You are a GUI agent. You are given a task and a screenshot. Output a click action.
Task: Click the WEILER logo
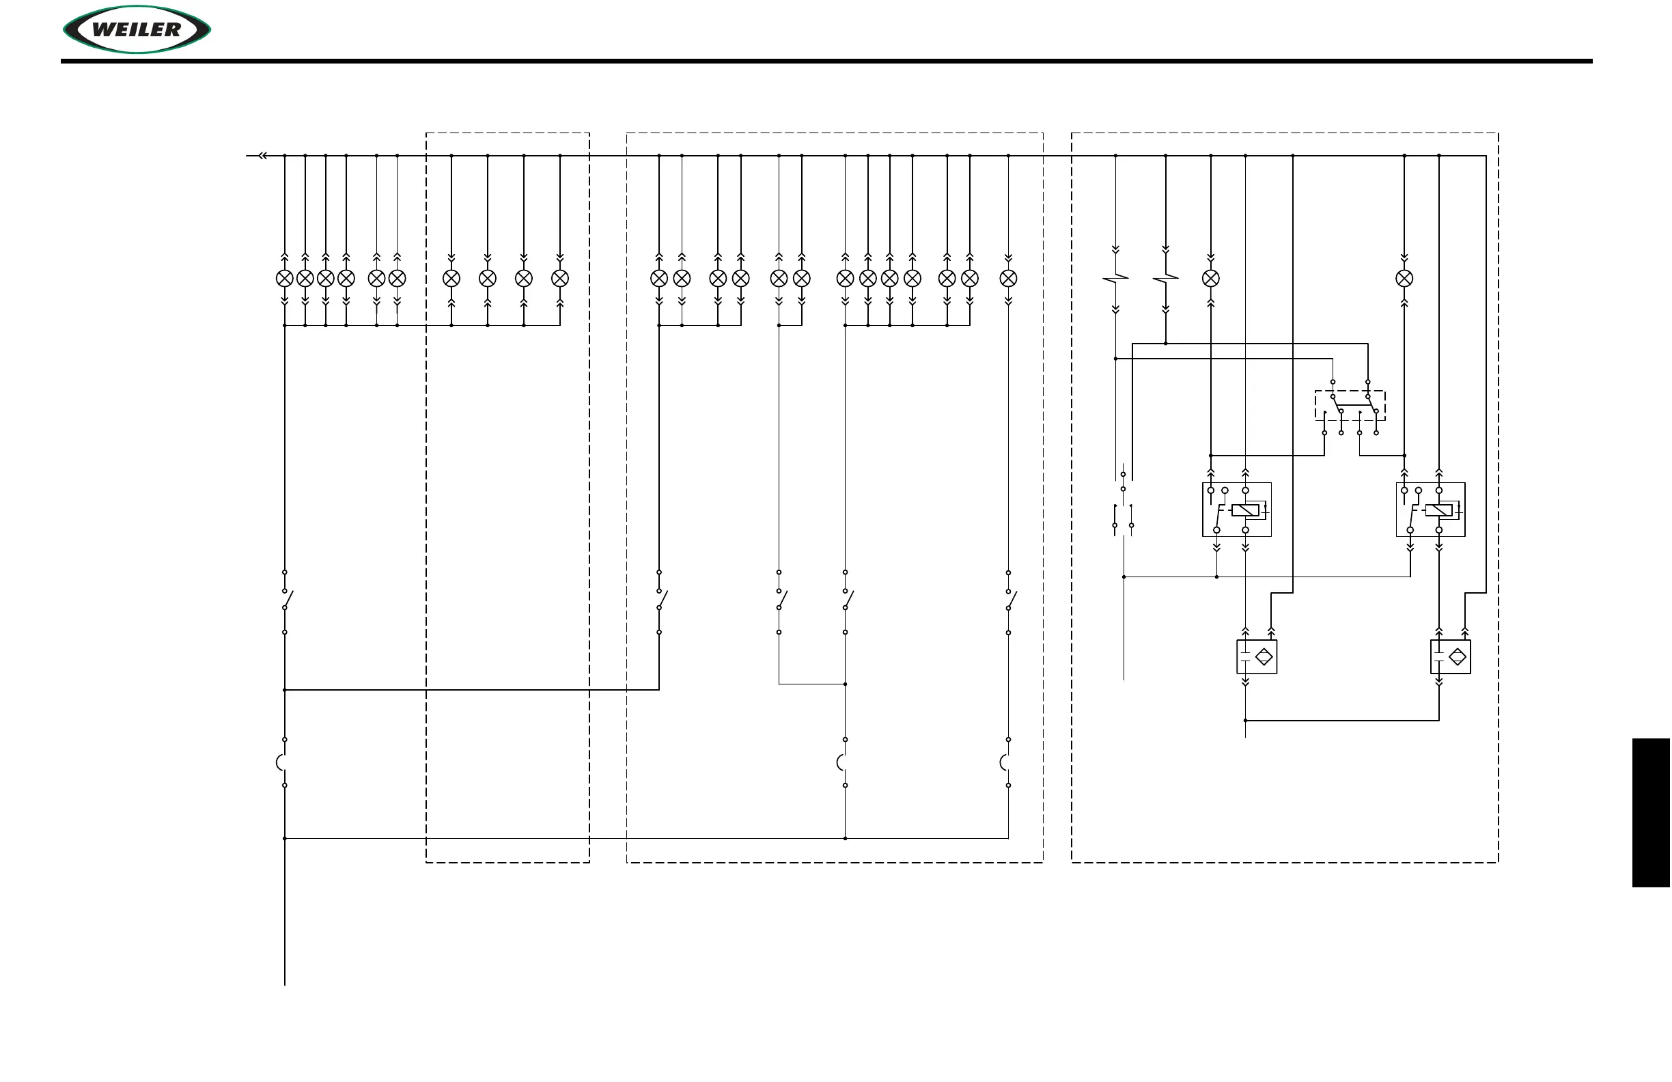pyautogui.click(x=137, y=29)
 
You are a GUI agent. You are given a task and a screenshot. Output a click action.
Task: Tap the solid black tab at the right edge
pyautogui.click(x=1650, y=812)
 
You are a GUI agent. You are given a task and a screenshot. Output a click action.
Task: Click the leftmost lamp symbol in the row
pyautogui.click(x=285, y=279)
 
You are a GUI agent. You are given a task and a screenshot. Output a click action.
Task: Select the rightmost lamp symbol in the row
pyautogui.click(x=1404, y=279)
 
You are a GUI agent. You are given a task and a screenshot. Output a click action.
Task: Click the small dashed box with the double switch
pyautogui.click(x=1350, y=406)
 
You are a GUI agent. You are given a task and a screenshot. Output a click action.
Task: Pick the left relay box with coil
pyautogui.click(x=1236, y=510)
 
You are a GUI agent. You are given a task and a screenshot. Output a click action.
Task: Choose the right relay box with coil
pyautogui.click(x=1430, y=510)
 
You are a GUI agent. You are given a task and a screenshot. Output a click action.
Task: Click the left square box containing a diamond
pyautogui.click(x=1257, y=657)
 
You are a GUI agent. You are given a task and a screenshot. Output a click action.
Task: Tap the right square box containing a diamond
pyautogui.click(x=1451, y=657)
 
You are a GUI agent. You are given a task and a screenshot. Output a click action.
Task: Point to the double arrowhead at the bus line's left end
pyautogui.click(x=263, y=156)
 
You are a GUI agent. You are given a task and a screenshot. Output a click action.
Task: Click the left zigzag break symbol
pyautogui.click(x=1115, y=279)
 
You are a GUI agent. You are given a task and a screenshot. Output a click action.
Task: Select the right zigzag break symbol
pyautogui.click(x=1165, y=279)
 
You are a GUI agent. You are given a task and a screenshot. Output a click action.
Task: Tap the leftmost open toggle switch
pyautogui.click(x=287, y=600)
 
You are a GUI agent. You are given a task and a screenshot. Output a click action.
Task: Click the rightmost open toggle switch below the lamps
pyautogui.click(x=1010, y=600)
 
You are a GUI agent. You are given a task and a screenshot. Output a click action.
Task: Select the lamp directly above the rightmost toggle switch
pyautogui.click(x=1008, y=279)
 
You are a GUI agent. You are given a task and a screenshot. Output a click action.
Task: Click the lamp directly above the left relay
pyautogui.click(x=1211, y=279)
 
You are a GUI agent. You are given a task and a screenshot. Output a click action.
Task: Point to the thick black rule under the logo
pyautogui.click(x=826, y=61)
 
